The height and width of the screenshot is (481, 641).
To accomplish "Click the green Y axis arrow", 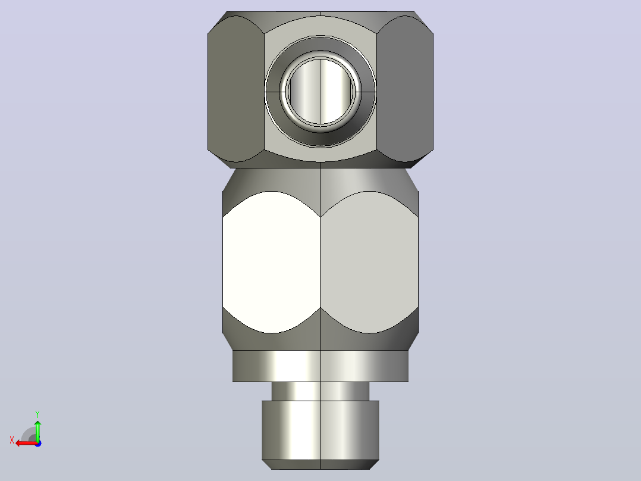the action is click(37, 430).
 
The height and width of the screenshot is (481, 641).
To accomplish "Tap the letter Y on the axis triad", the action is click(37, 414).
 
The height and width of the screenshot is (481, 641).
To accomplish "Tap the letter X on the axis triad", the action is click(12, 440).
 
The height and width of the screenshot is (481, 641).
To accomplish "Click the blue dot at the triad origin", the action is click(38, 443).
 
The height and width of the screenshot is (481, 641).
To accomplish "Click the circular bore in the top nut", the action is click(320, 91).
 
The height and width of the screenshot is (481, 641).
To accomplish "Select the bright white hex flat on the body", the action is click(271, 262).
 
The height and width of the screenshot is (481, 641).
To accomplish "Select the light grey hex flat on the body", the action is click(369, 262).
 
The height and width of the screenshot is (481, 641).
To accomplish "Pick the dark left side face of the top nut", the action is click(236, 89).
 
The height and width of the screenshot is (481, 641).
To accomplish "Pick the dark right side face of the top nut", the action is click(405, 89).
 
